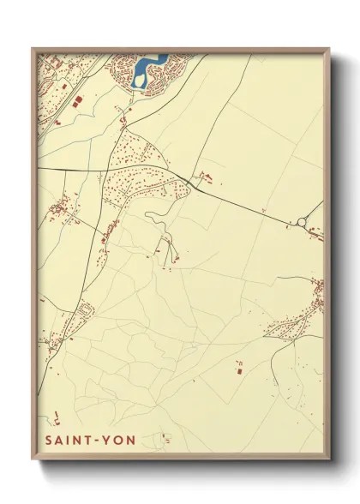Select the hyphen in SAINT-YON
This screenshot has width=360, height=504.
coord(96,441)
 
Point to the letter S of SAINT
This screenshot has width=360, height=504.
coord(48,441)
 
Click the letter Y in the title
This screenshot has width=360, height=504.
coord(105,441)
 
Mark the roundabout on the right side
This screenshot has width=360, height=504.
coord(301,225)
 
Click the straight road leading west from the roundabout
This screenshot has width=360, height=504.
coord(249,206)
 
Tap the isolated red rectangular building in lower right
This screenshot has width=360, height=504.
coord(239,370)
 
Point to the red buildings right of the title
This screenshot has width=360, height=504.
coord(163,440)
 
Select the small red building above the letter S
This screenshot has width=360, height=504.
coord(57,419)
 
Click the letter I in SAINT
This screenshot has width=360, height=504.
coord(69,441)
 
